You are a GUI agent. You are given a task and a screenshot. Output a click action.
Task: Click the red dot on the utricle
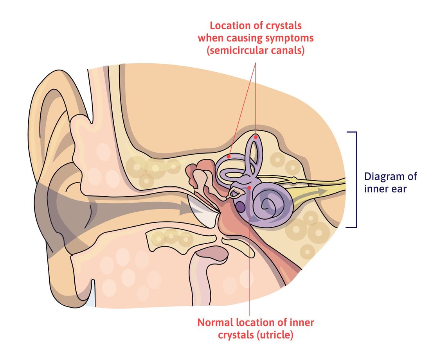pos(249,188)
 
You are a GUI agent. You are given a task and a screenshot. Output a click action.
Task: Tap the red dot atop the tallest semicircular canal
pos(256,137)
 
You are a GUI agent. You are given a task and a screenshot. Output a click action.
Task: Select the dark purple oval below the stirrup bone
pos(240,206)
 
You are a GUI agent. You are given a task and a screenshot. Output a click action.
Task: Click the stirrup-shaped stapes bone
pos(236,192)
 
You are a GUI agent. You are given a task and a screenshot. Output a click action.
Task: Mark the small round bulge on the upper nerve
pos(293,180)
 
